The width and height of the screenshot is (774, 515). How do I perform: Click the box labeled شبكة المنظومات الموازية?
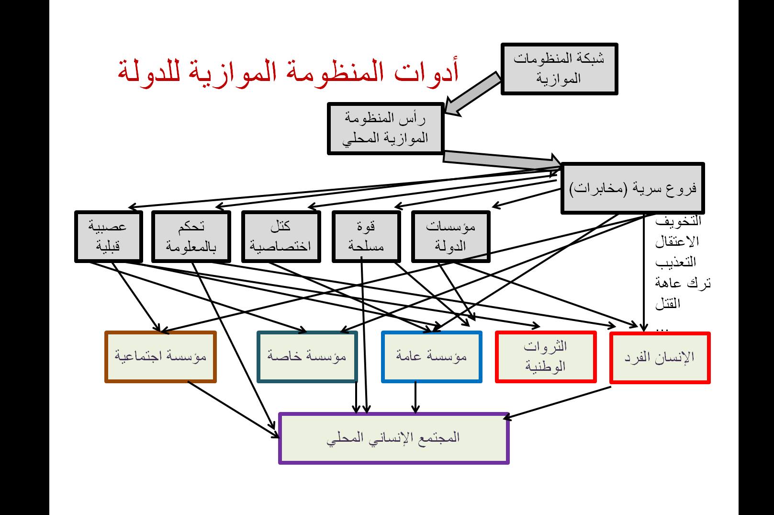[x=560, y=69]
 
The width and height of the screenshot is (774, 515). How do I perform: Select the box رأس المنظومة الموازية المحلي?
[x=386, y=128]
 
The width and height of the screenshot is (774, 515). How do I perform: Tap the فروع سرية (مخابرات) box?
[x=633, y=188]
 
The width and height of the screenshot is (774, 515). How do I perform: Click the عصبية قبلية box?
[x=109, y=237]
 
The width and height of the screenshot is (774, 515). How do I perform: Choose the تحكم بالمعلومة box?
[x=191, y=237]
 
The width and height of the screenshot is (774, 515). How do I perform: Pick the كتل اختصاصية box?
[x=281, y=237]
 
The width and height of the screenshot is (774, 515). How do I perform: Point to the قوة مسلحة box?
[x=366, y=237]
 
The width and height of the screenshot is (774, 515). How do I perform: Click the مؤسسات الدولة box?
[x=450, y=237]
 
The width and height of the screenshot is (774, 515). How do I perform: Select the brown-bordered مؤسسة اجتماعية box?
[x=160, y=356]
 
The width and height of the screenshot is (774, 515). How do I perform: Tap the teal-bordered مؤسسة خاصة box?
[x=307, y=356]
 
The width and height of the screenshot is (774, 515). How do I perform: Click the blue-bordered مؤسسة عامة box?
[x=432, y=356]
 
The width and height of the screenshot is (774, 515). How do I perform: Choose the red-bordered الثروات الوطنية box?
[x=546, y=356]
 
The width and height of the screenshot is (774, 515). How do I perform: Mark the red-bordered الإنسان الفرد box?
[x=660, y=358]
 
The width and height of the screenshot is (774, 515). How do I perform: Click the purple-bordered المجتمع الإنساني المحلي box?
[x=394, y=438]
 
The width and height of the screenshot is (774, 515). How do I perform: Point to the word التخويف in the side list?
[x=678, y=221]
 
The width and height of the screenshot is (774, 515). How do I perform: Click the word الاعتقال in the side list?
[x=677, y=241]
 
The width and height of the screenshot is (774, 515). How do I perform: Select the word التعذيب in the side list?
[x=675, y=262]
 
